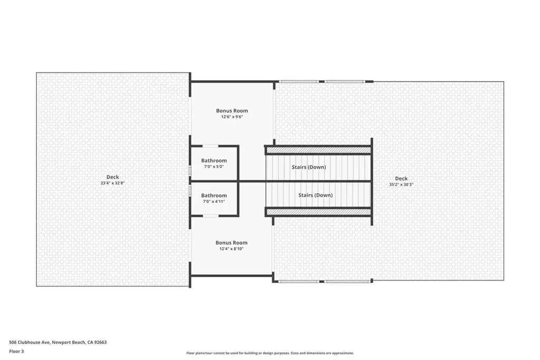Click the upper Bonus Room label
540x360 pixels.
click(232, 111)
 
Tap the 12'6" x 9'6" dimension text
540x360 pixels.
click(232, 116)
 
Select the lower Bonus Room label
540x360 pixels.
click(232, 242)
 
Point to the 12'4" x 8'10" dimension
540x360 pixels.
click(232, 249)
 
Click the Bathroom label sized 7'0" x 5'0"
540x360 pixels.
click(214, 160)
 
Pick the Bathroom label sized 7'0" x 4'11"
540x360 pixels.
click(214, 196)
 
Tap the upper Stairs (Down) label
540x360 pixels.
click(308, 167)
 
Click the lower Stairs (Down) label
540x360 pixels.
click(315, 195)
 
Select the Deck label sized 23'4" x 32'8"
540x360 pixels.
click(113, 177)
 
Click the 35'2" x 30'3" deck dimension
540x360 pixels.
click(401, 184)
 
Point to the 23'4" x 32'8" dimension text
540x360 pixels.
click(113, 183)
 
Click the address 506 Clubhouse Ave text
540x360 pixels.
click(30, 342)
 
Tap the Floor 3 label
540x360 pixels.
click(16, 352)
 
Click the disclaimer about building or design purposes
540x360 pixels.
click(270, 353)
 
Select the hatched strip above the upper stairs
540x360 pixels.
click(319, 150)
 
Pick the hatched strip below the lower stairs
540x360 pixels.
click(319, 212)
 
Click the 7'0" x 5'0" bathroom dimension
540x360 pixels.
click(214, 167)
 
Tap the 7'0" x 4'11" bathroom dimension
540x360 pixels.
click(214, 202)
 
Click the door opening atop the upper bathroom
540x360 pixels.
click(210, 147)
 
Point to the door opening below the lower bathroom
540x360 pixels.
click(210, 216)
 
